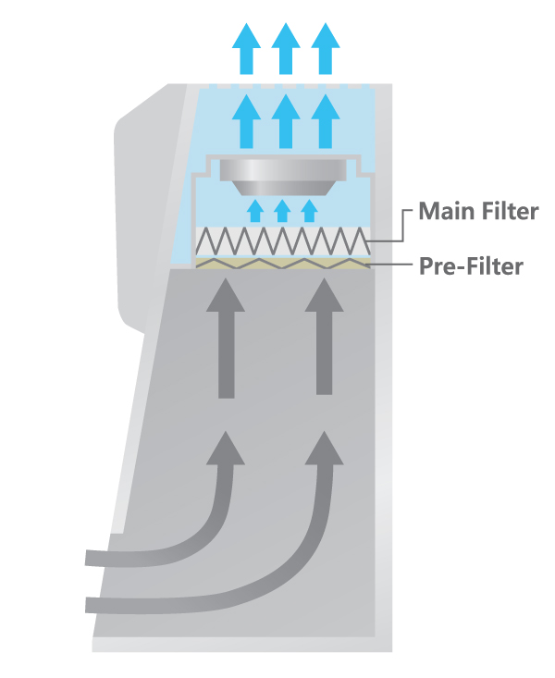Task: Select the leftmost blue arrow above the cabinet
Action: click(247, 48)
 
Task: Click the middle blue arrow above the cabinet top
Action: click(286, 48)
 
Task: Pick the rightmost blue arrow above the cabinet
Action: click(325, 48)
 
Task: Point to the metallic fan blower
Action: click(284, 174)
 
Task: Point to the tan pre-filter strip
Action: click(283, 264)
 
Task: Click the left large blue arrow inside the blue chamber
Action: click(247, 120)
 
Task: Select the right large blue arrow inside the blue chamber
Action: click(325, 120)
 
